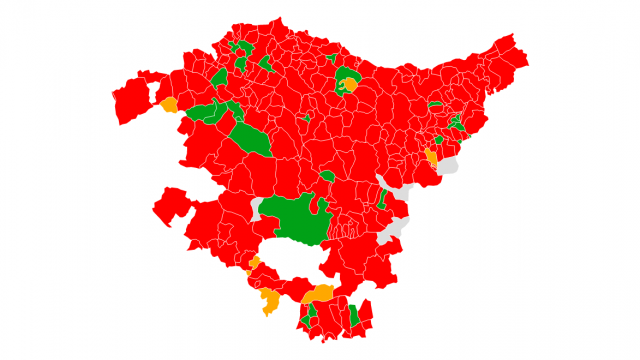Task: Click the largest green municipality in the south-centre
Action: [x=295, y=220]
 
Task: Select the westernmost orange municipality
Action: [x=169, y=104]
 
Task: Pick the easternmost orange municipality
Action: [x=432, y=157]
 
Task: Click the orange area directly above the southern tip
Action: [x=318, y=294]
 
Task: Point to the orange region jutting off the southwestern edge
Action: [x=269, y=301]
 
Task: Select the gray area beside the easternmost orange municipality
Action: [x=448, y=165]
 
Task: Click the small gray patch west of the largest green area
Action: [x=257, y=209]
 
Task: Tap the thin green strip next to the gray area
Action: [x=382, y=197]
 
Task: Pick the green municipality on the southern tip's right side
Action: [x=353, y=316]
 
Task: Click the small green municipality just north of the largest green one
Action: [x=327, y=177]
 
